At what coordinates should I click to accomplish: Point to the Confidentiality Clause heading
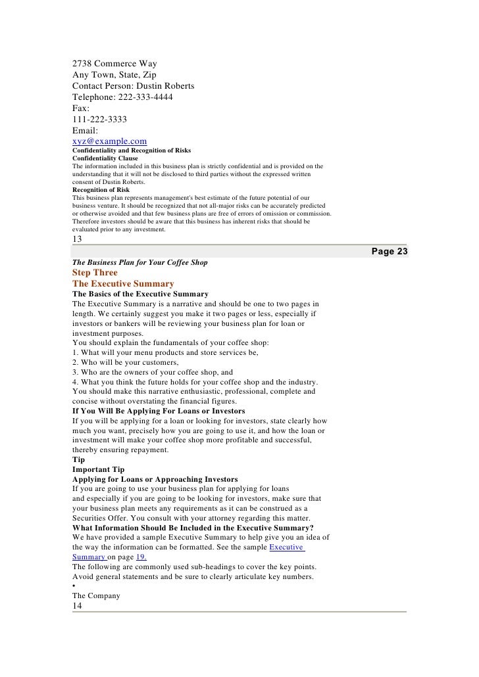pos(105,158)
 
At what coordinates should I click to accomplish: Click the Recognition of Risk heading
pos(101,189)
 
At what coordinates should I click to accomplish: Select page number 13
pos(78,239)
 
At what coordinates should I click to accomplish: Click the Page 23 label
pos(390,252)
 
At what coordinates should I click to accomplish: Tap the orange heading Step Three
pos(95,273)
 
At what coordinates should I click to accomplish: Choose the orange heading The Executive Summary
pos(123,283)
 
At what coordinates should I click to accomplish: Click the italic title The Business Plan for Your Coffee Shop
pos(139,262)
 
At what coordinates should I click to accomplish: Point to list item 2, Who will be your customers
pos(125,362)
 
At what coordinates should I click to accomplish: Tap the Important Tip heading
pos(99,470)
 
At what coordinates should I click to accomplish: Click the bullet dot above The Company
pos(74,586)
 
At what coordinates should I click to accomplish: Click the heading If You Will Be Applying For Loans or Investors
pos(169,411)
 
